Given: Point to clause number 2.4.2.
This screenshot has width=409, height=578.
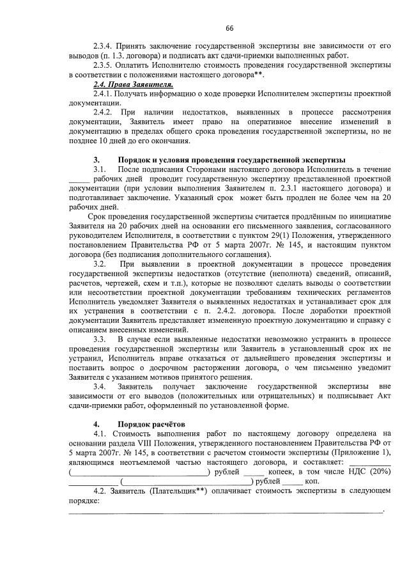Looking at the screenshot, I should click(x=105, y=111).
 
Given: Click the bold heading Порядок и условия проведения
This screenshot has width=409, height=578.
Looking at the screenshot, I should click(x=231, y=159).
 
